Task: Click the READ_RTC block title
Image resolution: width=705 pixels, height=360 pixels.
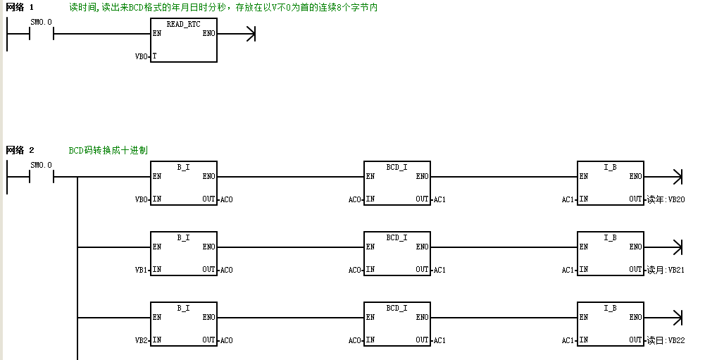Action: pos(183,24)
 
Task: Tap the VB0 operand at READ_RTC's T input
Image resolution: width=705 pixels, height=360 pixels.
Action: pos(141,56)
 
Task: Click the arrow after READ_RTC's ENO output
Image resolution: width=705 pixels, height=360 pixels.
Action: pos(236,34)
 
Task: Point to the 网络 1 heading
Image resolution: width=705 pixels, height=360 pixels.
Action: pos(20,7)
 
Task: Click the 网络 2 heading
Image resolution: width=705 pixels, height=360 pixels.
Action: pos(20,150)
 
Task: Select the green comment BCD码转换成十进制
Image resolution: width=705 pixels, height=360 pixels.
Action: pos(108,150)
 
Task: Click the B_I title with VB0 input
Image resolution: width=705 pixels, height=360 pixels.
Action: pos(183,168)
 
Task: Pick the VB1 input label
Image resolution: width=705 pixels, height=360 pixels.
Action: pos(141,270)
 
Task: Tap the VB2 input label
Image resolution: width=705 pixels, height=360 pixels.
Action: pos(141,341)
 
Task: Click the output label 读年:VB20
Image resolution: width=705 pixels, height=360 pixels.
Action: pos(666,200)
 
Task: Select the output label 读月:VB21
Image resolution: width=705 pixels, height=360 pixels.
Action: pos(666,270)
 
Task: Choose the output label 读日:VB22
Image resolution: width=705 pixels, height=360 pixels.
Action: pos(666,341)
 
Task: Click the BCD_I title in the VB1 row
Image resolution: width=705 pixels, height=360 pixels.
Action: pos(397,237)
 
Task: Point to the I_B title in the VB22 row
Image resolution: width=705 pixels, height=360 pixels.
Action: pos(610,309)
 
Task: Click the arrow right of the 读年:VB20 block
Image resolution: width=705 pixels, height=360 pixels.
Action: pos(663,177)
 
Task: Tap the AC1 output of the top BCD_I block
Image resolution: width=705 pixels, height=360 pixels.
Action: pos(439,200)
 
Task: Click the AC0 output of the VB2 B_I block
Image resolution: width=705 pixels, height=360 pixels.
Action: pos(227,341)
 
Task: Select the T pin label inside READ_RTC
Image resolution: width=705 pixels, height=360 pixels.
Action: pos(154,56)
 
